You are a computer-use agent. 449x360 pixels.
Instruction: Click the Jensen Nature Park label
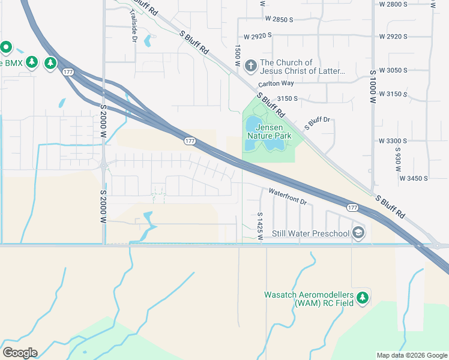coord(273,131)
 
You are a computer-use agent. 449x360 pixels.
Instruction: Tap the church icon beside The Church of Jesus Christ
coord(250,64)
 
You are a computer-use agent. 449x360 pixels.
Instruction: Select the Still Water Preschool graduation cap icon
coord(358,233)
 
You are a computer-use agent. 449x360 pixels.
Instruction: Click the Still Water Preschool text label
coord(310,233)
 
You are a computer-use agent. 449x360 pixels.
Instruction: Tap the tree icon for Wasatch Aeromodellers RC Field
coord(362,298)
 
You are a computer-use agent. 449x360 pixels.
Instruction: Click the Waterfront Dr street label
coord(288,197)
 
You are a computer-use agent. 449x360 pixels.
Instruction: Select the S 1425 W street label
coord(261,226)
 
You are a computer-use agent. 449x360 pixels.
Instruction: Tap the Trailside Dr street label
coord(133,29)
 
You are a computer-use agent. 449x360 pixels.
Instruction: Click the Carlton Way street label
coord(276,84)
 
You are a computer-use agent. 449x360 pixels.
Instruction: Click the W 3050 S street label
coord(393,71)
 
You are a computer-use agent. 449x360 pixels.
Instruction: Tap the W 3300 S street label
coord(393,140)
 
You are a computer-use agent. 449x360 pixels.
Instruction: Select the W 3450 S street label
coord(414,178)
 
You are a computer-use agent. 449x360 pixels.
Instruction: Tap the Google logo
coord(20,352)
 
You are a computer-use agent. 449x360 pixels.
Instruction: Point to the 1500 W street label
coord(238,55)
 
